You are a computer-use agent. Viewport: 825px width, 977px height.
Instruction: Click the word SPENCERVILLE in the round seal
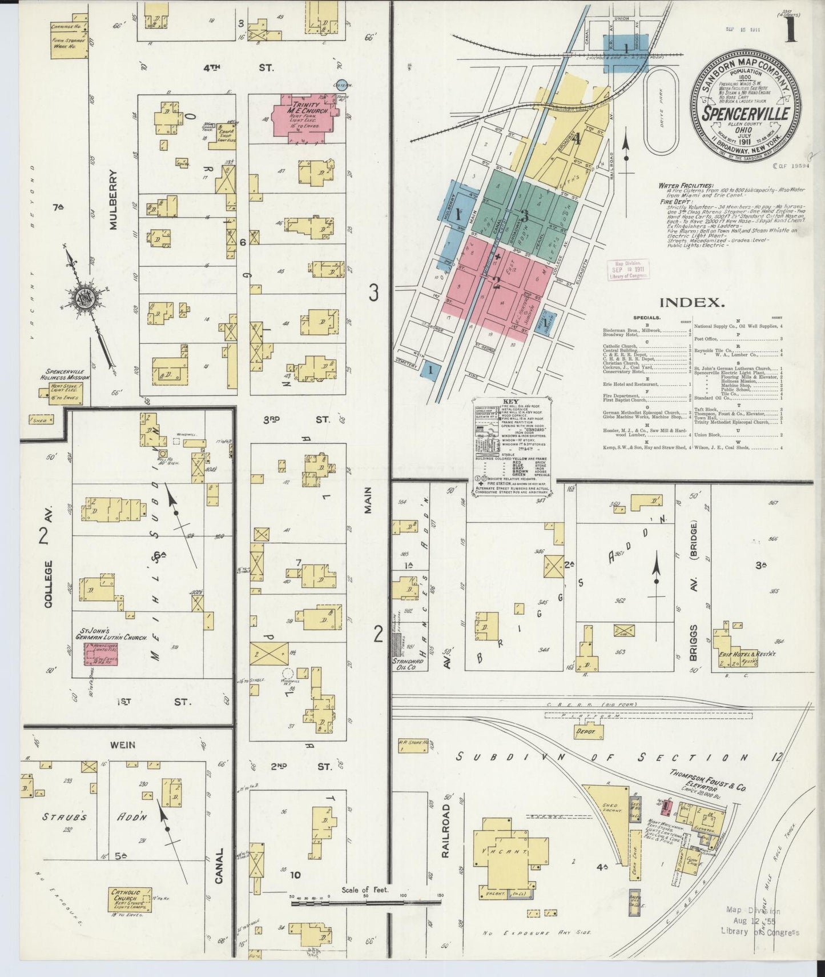[746, 113]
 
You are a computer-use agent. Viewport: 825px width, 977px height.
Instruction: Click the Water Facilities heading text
[685, 186]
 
